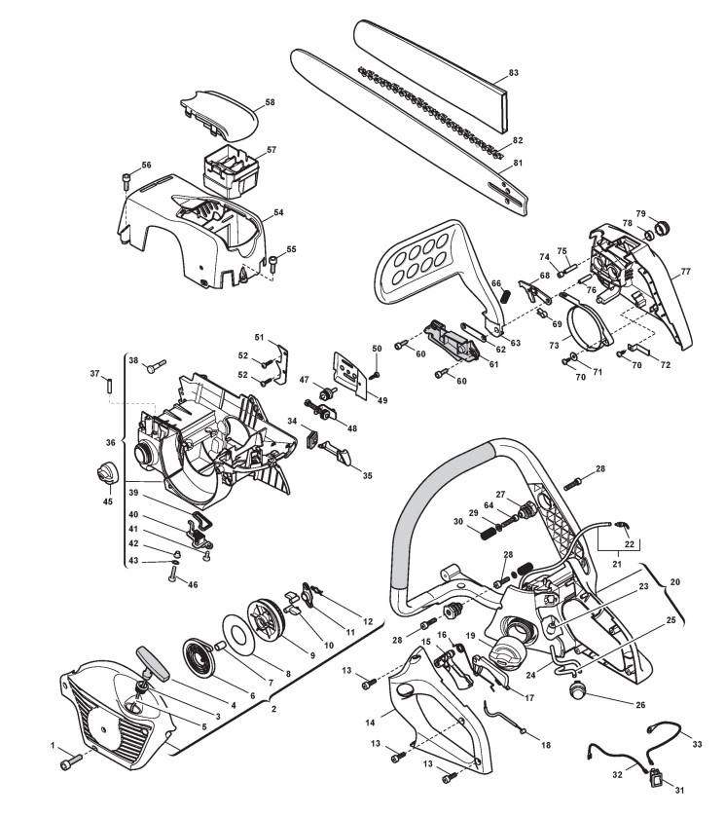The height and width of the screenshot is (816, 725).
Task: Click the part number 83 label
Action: [x=514, y=73]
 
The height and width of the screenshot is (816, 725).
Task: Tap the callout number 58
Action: [x=270, y=102]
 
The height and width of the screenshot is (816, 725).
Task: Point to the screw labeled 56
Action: [x=127, y=180]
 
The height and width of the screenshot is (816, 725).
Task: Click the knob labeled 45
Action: [x=105, y=475]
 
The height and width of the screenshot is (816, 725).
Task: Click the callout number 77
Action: [x=686, y=271]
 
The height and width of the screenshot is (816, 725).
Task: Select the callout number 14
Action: [x=372, y=722]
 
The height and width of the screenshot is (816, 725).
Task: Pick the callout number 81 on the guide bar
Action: [x=518, y=163]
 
